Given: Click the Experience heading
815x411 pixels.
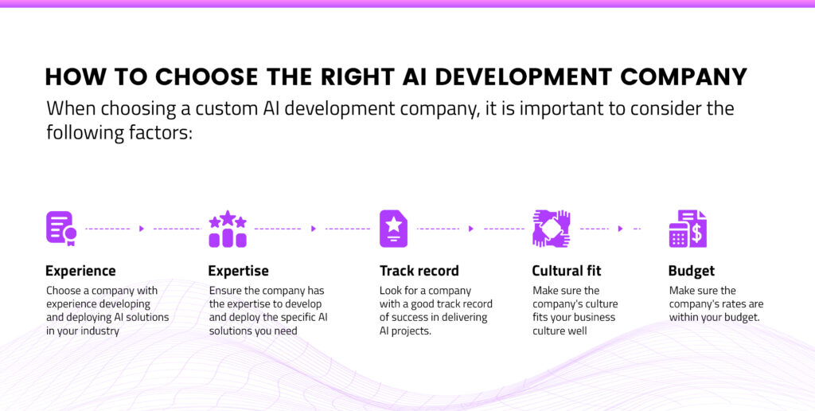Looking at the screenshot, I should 80,271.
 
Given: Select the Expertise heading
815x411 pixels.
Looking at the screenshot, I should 238,271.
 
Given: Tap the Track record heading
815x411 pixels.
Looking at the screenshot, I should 419,271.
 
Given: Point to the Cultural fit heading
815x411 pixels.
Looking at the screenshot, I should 569,271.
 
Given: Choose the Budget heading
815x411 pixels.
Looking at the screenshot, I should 691,271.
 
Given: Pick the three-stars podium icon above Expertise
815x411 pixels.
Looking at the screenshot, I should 227,229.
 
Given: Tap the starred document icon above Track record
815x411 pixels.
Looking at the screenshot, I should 393,229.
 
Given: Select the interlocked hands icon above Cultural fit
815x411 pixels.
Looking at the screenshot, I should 551,229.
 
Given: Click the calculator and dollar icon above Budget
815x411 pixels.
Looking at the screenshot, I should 688,229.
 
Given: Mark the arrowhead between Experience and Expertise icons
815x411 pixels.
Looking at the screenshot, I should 142,229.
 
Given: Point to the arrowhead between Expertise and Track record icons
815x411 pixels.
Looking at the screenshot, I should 314,229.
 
